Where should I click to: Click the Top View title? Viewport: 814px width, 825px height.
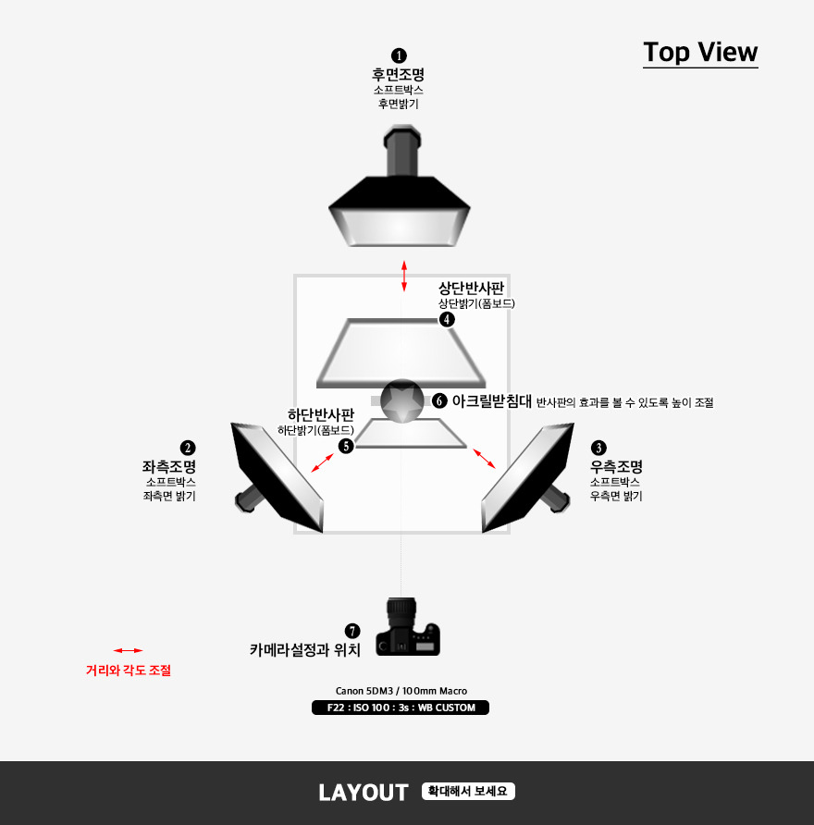tap(700, 53)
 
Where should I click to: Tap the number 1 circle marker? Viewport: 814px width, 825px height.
tap(399, 55)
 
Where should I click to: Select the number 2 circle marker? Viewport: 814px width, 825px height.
tap(188, 448)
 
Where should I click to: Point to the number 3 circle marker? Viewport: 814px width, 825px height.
tap(598, 448)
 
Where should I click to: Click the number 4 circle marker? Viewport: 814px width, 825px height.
tap(447, 319)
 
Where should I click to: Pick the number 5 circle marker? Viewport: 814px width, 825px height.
tap(346, 446)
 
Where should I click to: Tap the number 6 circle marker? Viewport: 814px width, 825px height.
tap(439, 400)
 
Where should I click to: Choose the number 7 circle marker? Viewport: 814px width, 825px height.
tap(352, 631)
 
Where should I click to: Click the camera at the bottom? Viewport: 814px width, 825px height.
tap(407, 627)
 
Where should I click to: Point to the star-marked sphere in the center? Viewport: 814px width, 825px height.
tap(402, 400)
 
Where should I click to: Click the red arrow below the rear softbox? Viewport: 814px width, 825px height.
tap(404, 276)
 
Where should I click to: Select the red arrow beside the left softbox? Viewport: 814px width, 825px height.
tap(323, 463)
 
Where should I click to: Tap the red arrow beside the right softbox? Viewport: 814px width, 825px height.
tap(484, 458)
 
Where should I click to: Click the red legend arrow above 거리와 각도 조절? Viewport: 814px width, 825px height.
tap(128, 651)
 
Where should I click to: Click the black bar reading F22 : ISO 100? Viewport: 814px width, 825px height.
tap(401, 708)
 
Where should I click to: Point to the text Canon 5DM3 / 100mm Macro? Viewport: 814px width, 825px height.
tap(401, 691)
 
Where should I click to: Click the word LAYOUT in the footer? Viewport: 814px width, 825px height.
tap(364, 793)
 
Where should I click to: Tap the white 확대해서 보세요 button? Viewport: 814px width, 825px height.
tap(468, 792)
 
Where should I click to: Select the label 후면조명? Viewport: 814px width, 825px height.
tap(399, 74)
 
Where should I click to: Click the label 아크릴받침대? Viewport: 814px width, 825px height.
tap(492, 401)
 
